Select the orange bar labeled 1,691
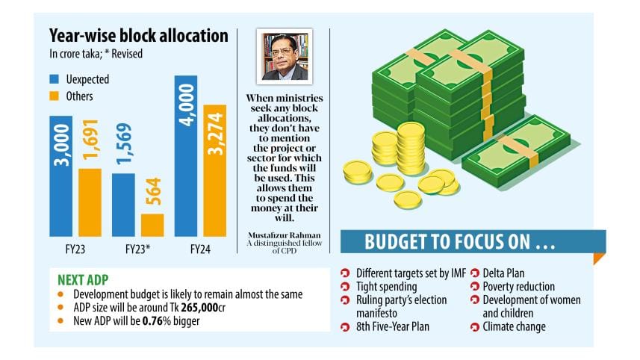90,202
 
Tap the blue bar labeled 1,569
124,205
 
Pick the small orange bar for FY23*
152,225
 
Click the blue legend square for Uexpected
55,78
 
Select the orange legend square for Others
55,96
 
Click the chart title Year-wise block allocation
138,35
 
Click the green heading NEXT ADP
84,279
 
